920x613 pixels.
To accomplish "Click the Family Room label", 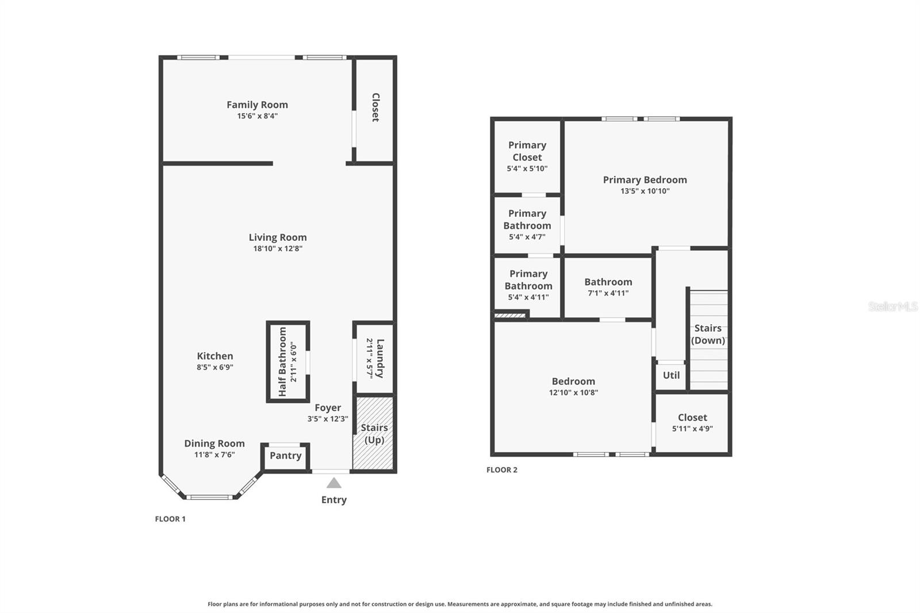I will (257, 105).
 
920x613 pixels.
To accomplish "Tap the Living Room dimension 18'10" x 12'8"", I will (278, 248).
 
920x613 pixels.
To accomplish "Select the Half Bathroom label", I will (282, 362).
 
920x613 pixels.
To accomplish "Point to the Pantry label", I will (286, 455).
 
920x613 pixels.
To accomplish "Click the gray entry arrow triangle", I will (334, 483).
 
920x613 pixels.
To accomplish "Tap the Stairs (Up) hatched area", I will (374, 434).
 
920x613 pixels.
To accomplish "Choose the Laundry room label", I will (380, 358).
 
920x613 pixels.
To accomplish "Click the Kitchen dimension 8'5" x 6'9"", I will (215, 367).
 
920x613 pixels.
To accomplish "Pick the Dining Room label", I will (214, 443).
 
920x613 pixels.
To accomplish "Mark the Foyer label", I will (328, 408).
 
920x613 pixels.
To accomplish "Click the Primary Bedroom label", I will (645, 180).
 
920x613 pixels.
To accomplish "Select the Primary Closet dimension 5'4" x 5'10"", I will (527, 168).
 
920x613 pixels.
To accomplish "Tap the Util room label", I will (671, 375).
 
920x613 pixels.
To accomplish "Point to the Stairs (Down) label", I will (708, 334).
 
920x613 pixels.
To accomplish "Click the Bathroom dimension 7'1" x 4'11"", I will (608, 293).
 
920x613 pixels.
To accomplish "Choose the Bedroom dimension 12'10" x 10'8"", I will (573, 392).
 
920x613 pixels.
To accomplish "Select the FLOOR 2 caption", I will (502, 470).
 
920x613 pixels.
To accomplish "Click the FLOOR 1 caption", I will (170, 519).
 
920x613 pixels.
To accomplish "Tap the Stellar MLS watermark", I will (893, 306).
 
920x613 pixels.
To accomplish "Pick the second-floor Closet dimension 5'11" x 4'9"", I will (692, 428).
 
